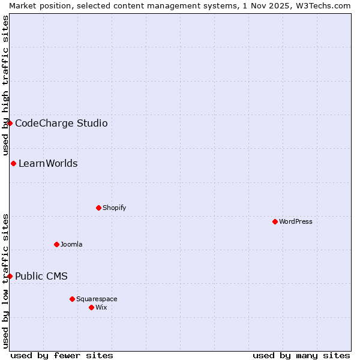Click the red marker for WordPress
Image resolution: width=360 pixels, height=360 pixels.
275,221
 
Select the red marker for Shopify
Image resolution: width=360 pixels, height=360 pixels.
98,208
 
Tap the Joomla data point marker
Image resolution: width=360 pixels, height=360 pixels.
56,244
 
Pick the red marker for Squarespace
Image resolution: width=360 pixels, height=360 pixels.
72,299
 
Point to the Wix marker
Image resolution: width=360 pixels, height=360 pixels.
91,307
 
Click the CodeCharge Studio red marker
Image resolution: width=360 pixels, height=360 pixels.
10,123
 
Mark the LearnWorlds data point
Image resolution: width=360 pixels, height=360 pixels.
13,163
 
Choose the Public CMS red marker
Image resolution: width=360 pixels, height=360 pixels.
10,276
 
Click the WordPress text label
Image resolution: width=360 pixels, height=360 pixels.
296,221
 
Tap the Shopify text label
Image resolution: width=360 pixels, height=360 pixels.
114,208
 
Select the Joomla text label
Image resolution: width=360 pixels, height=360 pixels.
71,244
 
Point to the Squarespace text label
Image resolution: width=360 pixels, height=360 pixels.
97,299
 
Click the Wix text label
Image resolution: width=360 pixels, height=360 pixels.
101,307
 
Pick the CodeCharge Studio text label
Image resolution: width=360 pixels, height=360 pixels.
61,124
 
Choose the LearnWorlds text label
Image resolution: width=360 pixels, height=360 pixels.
48,164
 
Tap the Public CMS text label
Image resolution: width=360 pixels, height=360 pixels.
41,277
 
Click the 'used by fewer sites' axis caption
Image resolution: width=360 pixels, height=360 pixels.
62,355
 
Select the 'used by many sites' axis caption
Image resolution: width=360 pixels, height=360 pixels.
301,355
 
